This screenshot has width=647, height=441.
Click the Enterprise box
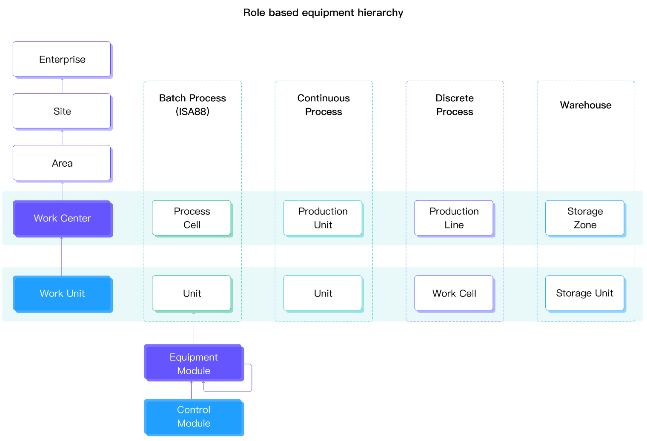(63, 60)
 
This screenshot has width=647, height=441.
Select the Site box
(63, 112)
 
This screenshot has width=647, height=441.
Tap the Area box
(63, 164)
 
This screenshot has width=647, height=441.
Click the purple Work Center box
(63, 219)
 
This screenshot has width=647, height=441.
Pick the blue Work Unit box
(63, 294)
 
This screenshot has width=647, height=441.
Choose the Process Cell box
(192, 219)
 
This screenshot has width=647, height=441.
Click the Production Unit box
(323, 219)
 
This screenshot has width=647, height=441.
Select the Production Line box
(455, 219)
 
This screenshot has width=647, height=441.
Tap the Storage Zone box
(586, 219)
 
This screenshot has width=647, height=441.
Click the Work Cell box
(455, 294)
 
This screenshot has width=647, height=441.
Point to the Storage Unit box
(586, 294)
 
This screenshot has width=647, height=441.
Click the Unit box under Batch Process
(192, 294)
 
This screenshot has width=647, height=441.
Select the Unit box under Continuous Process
(323, 294)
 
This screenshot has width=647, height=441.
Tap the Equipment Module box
(194, 363)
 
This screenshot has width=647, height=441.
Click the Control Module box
(194, 418)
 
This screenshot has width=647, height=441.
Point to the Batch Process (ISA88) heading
(193, 105)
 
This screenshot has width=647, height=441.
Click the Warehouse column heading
(586, 105)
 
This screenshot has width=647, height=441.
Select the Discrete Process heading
(455, 105)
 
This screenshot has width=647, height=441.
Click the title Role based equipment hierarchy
(323, 13)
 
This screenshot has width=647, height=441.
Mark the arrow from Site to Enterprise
(62, 86)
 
